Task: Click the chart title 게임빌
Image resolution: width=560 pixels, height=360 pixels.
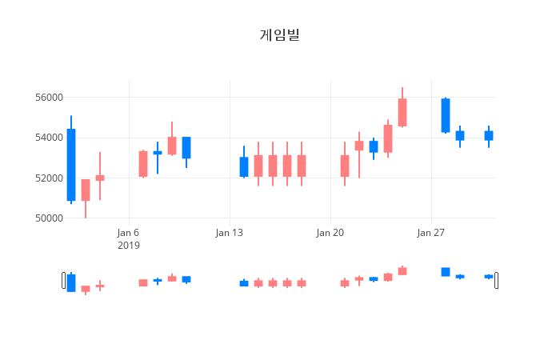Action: pyautogui.click(x=280, y=34)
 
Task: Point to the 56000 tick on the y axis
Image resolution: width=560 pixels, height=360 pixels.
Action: pyautogui.click(x=47, y=98)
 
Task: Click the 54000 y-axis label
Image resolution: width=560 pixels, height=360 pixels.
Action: pyautogui.click(x=47, y=138)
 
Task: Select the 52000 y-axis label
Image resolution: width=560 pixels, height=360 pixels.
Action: pyautogui.click(x=47, y=178)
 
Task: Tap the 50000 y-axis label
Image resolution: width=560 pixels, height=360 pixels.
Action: pyautogui.click(x=47, y=218)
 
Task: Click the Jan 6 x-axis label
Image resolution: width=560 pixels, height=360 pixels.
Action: pyautogui.click(x=128, y=233)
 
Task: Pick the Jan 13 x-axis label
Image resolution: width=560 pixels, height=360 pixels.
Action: pyautogui.click(x=230, y=233)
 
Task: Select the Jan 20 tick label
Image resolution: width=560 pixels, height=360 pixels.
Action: pyautogui.click(x=330, y=233)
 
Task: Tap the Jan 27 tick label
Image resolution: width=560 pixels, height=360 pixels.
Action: pyautogui.click(x=431, y=233)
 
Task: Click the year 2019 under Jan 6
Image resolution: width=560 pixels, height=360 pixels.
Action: pyautogui.click(x=128, y=245)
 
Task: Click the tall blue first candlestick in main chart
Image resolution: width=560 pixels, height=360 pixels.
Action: pyautogui.click(x=71, y=165)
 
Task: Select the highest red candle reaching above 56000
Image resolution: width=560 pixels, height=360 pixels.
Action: pyautogui.click(x=402, y=112)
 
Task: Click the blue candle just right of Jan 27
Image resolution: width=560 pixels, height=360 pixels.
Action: pyautogui.click(x=446, y=115)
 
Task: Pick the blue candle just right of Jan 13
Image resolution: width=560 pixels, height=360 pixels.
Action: pyautogui.click(x=244, y=166)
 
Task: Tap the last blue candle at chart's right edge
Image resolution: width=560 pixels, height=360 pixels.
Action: pyautogui.click(x=489, y=135)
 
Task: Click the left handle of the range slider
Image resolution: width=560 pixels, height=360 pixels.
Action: pyautogui.click(x=64, y=280)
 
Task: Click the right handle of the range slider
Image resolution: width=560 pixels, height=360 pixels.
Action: pyautogui.click(x=496, y=280)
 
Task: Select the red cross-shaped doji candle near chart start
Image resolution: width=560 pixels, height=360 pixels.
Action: pyautogui.click(x=100, y=178)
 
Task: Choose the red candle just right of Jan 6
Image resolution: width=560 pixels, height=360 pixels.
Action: pyautogui.click(x=143, y=163)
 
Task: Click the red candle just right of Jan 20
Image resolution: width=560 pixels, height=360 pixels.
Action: pyautogui.click(x=345, y=166)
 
